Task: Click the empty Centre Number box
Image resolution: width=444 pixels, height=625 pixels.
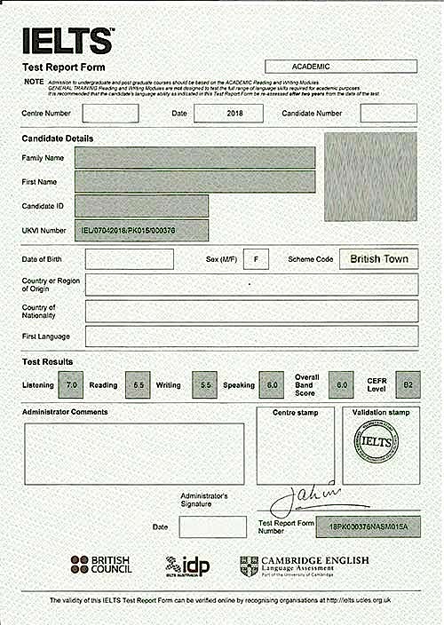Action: (x=110, y=114)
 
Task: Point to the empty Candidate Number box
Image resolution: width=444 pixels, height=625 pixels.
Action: (x=388, y=114)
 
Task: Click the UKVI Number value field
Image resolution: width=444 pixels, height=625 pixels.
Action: (x=141, y=231)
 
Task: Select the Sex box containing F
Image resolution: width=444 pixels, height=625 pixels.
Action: (x=256, y=258)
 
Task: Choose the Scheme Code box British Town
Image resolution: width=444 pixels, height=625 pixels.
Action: (x=379, y=258)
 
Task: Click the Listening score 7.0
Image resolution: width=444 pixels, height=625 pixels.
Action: (x=73, y=384)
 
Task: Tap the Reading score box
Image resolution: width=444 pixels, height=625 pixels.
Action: (x=138, y=384)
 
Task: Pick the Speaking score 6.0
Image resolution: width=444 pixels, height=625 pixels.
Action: (x=272, y=384)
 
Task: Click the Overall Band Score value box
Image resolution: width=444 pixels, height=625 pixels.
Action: (x=341, y=384)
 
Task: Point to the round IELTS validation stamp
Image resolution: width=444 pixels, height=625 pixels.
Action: (x=377, y=441)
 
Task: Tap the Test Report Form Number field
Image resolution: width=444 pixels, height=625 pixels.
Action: (x=369, y=527)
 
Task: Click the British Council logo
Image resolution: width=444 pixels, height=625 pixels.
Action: (x=100, y=564)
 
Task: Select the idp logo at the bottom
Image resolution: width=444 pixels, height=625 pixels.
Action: (x=187, y=566)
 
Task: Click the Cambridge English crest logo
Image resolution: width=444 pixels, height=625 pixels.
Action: (x=250, y=566)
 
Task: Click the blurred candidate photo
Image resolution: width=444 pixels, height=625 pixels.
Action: (x=370, y=177)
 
